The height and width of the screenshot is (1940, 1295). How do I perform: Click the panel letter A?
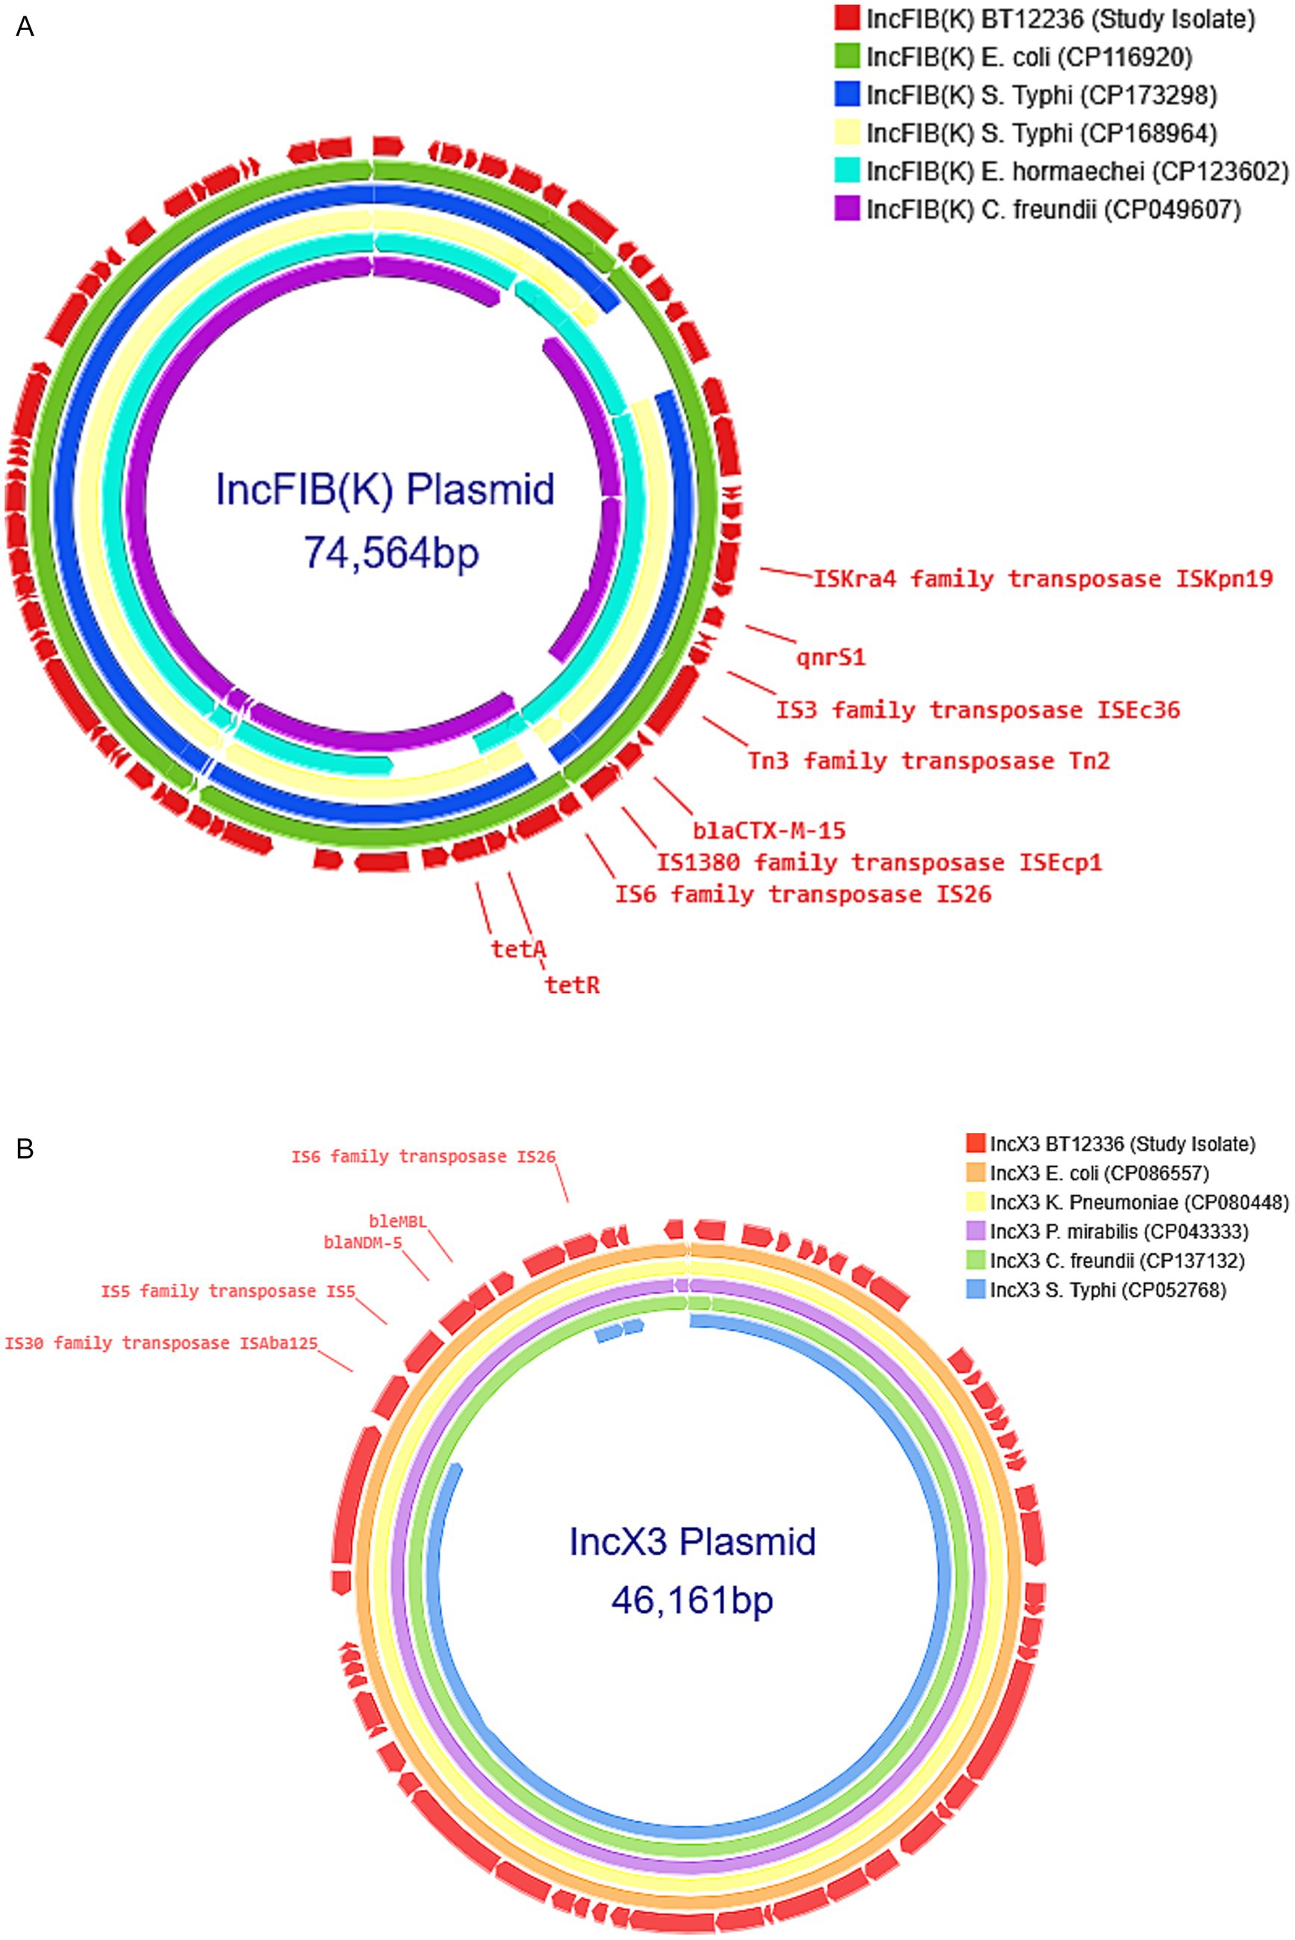(x=25, y=28)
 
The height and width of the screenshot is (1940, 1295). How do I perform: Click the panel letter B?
(x=25, y=1148)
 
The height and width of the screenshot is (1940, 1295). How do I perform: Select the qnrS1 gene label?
(x=831, y=658)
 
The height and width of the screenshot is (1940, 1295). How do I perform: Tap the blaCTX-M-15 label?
(x=769, y=829)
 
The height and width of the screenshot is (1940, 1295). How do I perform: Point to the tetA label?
(x=519, y=949)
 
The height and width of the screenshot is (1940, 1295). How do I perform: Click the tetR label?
(x=572, y=985)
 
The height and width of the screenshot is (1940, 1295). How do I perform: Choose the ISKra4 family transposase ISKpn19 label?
(x=1042, y=578)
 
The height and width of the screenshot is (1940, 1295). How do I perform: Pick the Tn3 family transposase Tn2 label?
(x=929, y=760)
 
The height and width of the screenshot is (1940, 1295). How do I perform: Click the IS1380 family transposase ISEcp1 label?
(x=879, y=862)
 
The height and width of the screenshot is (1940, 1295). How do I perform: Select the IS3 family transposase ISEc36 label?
(x=977, y=709)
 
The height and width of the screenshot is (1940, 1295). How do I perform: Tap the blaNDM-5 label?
(x=363, y=1242)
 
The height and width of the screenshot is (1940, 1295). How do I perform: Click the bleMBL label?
(x=397, y=1220)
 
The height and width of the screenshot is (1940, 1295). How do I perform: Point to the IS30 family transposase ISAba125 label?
(x=161, y=1342)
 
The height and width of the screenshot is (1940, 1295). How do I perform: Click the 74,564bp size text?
(x=390, y=551)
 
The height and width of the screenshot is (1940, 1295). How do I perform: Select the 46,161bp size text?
(x=692, y=1600)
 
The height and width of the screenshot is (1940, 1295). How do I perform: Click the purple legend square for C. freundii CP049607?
(x=848, y=210)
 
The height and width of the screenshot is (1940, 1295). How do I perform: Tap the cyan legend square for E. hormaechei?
(x=848, y=171)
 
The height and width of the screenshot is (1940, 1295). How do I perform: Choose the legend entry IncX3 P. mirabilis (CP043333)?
(x=1118, y=1232)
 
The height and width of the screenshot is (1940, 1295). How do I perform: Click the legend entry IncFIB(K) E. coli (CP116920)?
(x=1029, y=57)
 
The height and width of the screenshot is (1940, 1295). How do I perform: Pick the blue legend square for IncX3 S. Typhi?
(x=976, y=1289)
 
